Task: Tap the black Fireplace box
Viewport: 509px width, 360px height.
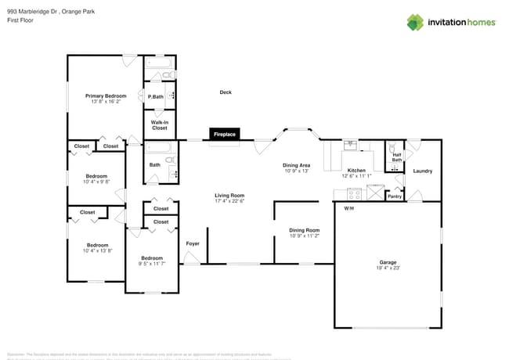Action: pos(224,135)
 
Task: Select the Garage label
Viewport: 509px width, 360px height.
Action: pos(388,262)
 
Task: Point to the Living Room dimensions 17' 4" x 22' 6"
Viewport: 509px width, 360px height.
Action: pos(230,201)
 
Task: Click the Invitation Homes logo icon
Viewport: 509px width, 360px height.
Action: pos(415,22)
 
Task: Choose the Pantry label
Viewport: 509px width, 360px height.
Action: pos(395,196)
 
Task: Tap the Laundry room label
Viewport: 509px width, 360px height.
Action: pos(422,171)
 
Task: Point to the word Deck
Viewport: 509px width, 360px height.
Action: pos(226,92)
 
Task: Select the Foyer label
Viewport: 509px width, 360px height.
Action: pos(193,243)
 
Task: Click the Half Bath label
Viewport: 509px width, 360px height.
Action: pos(396,157)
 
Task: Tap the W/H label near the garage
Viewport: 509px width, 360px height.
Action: pos(348,208)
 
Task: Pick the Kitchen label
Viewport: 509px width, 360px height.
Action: pos(356,171)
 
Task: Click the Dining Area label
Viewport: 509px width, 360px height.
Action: pos(296,165)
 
